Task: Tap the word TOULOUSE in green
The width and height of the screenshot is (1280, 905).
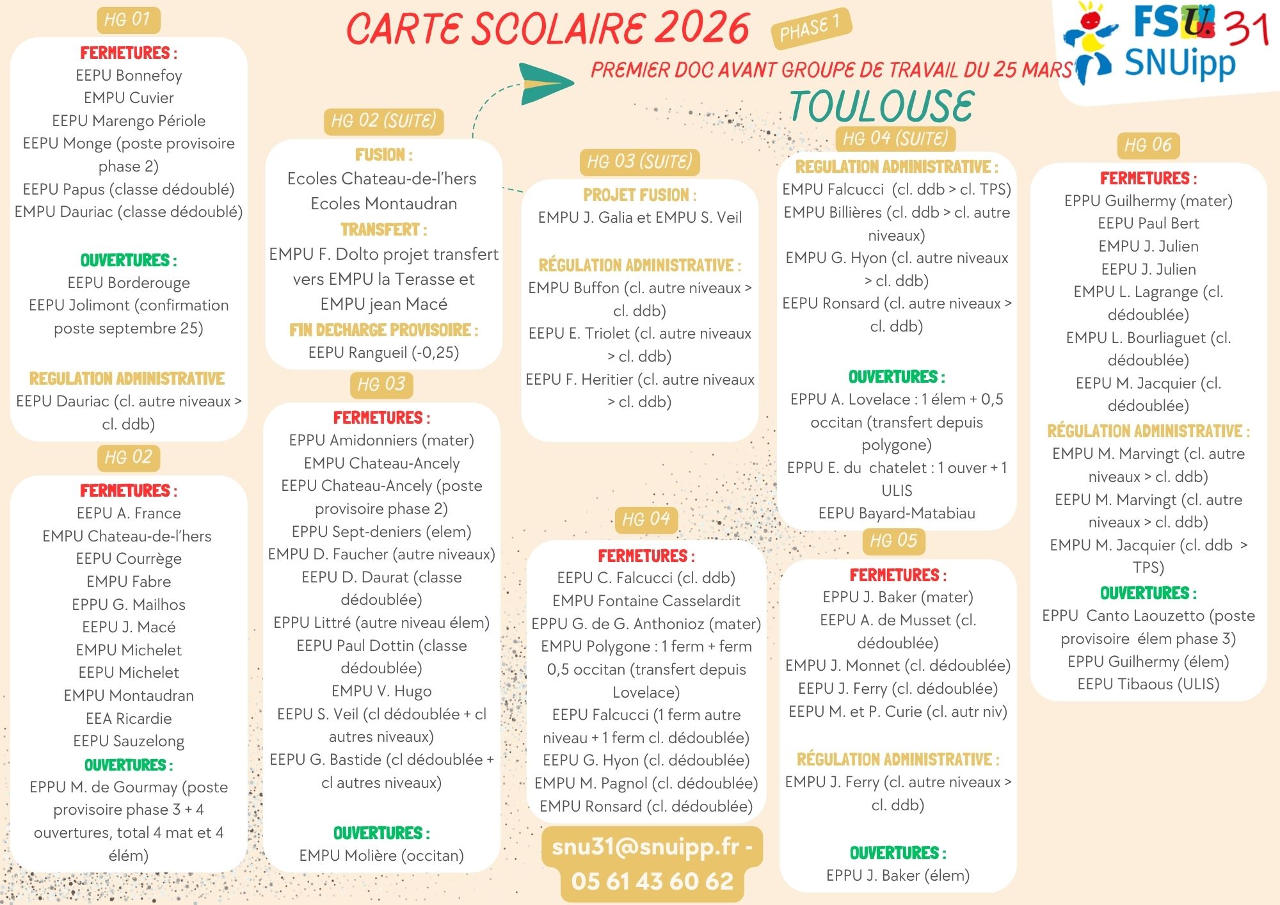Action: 881,106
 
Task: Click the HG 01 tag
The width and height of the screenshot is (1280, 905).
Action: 127,20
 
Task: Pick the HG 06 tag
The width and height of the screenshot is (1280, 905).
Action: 1148,145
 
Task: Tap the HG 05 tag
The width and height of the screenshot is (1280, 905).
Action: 893,541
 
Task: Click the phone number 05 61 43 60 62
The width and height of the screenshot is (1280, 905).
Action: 652,881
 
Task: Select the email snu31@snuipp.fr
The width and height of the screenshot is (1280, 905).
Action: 652,846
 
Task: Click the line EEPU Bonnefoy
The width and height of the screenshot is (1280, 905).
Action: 129,76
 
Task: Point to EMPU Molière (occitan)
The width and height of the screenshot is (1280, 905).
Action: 381,855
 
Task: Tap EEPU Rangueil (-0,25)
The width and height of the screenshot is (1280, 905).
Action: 383,353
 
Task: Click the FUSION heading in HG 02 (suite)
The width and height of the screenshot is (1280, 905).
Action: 383,155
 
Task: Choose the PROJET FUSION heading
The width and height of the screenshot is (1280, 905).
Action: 639,195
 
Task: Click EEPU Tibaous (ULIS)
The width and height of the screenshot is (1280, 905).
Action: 1148,684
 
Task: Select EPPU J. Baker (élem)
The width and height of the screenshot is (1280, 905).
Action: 897,875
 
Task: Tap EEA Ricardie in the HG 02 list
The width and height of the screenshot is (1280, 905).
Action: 129,718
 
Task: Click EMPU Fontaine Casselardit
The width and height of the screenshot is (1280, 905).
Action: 646,600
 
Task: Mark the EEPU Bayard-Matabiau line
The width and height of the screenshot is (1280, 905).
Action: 897,513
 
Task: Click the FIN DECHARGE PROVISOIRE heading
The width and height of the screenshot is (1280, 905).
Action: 383,330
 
